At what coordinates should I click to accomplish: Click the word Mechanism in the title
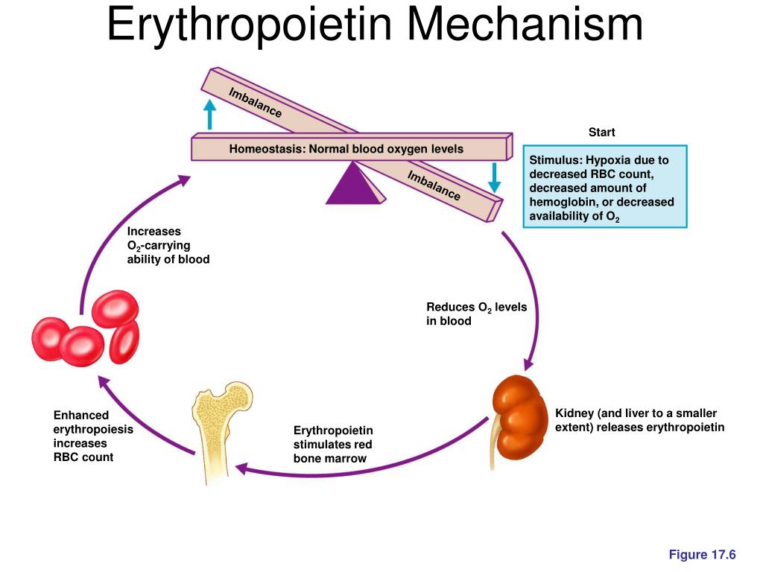point(525,25)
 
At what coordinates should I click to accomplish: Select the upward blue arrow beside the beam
point(211,115)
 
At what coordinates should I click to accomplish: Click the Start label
point(601,133)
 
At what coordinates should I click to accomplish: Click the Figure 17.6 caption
point(702,554)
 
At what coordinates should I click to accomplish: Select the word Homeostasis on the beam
point(266,149)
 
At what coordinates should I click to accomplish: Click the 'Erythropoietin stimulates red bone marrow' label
point(333,444)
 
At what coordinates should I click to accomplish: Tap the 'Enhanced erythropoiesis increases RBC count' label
point(93,436)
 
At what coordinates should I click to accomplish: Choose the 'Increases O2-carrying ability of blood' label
point(168,246)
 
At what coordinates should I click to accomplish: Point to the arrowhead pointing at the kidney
point(528,364)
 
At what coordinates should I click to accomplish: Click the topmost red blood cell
point(115,308)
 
